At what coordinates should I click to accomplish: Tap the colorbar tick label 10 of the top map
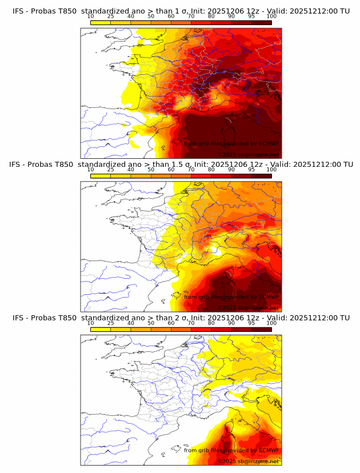pyautogui.click(x=91, y=16)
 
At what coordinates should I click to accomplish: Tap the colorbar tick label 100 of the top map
pyautogui.click(x=271, y=16)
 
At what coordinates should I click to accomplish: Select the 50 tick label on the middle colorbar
pyautogui.click(x=151, y=169)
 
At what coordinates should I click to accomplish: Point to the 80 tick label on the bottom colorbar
pyautogui.click(x=211, y=322)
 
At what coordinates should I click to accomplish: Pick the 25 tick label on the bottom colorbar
pyautogui.click(x=111, y=322)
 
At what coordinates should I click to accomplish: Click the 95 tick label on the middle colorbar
pyautogui.click(x=251, y=169)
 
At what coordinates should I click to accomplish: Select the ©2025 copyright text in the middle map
pyautogui.click(x=228, y=308)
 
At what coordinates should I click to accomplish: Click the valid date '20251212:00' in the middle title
pyautogui.click(x=311, y=165)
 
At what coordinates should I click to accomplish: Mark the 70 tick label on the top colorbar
pyautogui.click(x=191, y=16)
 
